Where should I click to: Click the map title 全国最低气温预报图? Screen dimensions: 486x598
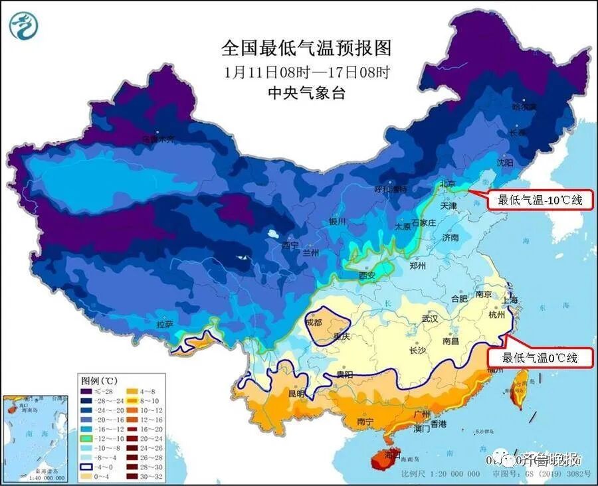(306, 48)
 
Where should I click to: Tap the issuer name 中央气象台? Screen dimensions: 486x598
(306, 93)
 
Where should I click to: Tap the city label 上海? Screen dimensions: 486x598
(510, 299)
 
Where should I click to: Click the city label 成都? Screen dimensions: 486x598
(314, 322)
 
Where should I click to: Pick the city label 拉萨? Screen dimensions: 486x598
(165, 325)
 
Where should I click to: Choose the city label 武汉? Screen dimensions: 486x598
(429, 319)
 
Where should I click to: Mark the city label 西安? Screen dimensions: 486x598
(367, 276)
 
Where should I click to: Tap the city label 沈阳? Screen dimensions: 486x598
(504, 162)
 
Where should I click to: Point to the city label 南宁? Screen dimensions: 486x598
(365, 421)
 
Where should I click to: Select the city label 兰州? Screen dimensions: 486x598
(310, 253)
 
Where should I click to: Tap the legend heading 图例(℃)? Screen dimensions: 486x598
(99, 381)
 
